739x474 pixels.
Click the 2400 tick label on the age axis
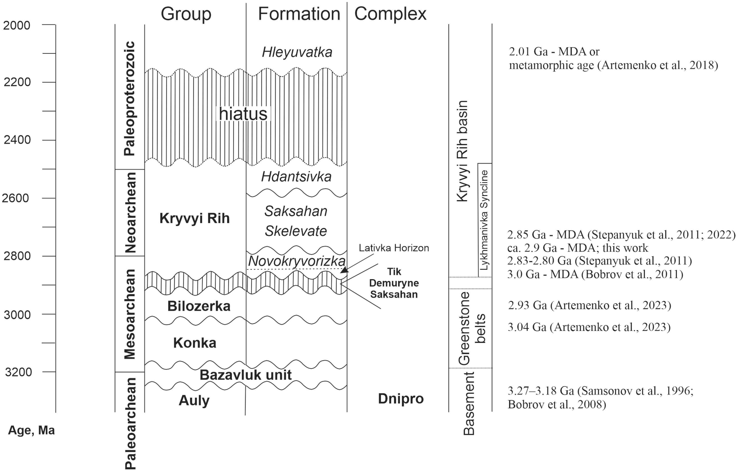coord(17,140)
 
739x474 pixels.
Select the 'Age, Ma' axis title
coord(31,430)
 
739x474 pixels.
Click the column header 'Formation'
coord(299,14)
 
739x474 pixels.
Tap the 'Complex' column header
coord(390,14)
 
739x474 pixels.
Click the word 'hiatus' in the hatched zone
coord(243,114)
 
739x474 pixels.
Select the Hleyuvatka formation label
coord(297,52)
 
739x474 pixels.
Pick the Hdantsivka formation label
coord(296,177)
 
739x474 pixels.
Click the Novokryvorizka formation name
coord(297,261)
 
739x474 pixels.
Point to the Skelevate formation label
coord(296,231)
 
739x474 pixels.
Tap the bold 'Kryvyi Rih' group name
coord(194,219)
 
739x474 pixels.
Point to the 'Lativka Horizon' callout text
coord(394,248)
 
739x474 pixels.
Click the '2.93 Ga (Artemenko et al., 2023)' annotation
coord(589,305)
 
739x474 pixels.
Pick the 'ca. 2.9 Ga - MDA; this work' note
coord(578,248)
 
